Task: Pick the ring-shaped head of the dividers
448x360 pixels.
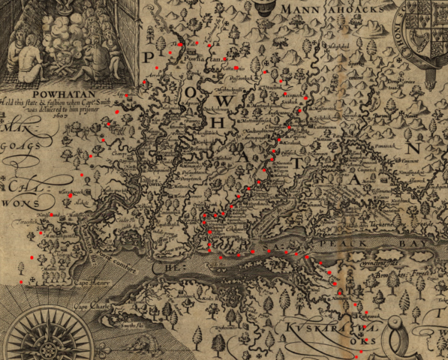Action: [x=263, y=9]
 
